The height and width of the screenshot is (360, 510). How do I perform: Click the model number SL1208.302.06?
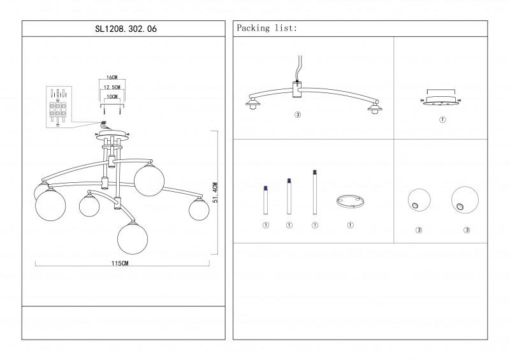coord(126,29)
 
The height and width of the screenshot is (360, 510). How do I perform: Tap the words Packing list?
coord(266,28)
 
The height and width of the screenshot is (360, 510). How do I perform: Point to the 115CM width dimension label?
coord(120,263)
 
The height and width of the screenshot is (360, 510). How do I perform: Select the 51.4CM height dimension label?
coord(215,192)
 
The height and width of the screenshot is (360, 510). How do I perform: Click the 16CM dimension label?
coord(112,77)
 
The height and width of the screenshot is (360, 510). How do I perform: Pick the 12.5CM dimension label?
coord(112,87)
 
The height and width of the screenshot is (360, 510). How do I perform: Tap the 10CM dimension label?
coord(112,97)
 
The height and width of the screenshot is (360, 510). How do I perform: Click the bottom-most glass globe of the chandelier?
coord(133,239)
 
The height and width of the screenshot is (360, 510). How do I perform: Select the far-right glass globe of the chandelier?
coord(199,210)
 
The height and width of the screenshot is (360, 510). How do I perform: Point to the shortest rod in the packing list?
coord(266,200)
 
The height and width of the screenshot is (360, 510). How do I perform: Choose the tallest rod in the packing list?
coord(315,192)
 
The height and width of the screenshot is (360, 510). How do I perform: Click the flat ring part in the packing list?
coord(350,201)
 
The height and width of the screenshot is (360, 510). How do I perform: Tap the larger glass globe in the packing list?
coord(465,200)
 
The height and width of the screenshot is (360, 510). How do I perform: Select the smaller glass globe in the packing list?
coord(419,200)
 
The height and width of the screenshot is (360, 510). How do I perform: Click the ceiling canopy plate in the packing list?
coord(441,101)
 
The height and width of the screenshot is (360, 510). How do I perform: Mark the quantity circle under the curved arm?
coord(298,115)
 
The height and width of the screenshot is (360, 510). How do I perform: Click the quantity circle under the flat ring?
coord(350,225)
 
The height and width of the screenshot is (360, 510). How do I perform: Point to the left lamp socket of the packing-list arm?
coord(252,104)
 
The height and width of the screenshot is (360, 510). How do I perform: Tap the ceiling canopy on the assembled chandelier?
coord(112,135)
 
